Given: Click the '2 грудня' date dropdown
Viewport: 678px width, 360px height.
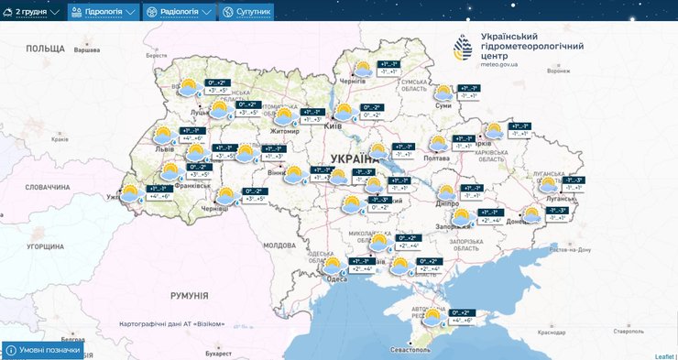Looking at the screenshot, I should tap(37, 12).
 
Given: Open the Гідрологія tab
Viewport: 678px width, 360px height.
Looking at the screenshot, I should tap(104, 12).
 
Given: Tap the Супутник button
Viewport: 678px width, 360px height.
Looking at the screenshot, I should tap(246, 12).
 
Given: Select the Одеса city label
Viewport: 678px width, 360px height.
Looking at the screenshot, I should tap(337, 280).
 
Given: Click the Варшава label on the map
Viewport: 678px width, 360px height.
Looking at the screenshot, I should tap(85, 50).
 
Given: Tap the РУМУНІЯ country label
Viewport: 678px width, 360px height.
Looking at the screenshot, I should tap(189, 296).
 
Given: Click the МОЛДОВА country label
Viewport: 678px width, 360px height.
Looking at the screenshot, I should tap(279, 245).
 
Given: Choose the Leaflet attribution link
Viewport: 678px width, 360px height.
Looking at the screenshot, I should tap(664, 355).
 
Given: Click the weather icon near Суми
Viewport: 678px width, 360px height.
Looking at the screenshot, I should tap(444, 93).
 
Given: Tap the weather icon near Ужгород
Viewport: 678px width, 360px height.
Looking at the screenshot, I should tap(130, 193).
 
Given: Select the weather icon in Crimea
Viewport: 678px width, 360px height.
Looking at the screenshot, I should tap(432, 318).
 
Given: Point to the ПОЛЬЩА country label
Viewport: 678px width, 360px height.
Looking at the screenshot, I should tap(45, 48).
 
